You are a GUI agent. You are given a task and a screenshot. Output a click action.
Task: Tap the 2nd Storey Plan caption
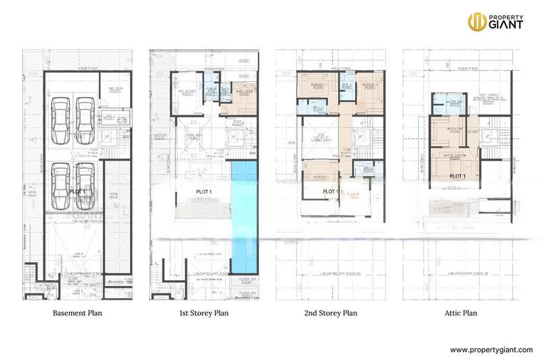pyautogui.click(x=331, y=314)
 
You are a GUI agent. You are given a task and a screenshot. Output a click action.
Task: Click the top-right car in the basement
pyautogui.click(x=85, y=116)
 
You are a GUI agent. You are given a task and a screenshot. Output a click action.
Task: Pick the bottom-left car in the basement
pyautogui.click(x=61, y=184)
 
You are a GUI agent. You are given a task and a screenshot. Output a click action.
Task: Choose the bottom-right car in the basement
pyautogui.click(x=85, y=184)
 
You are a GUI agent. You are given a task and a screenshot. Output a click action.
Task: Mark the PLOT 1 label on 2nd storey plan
pyautogui.click(x=330, y=192)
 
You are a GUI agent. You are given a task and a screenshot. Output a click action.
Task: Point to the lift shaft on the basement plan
pyautogui.click(x=106, y=136)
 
